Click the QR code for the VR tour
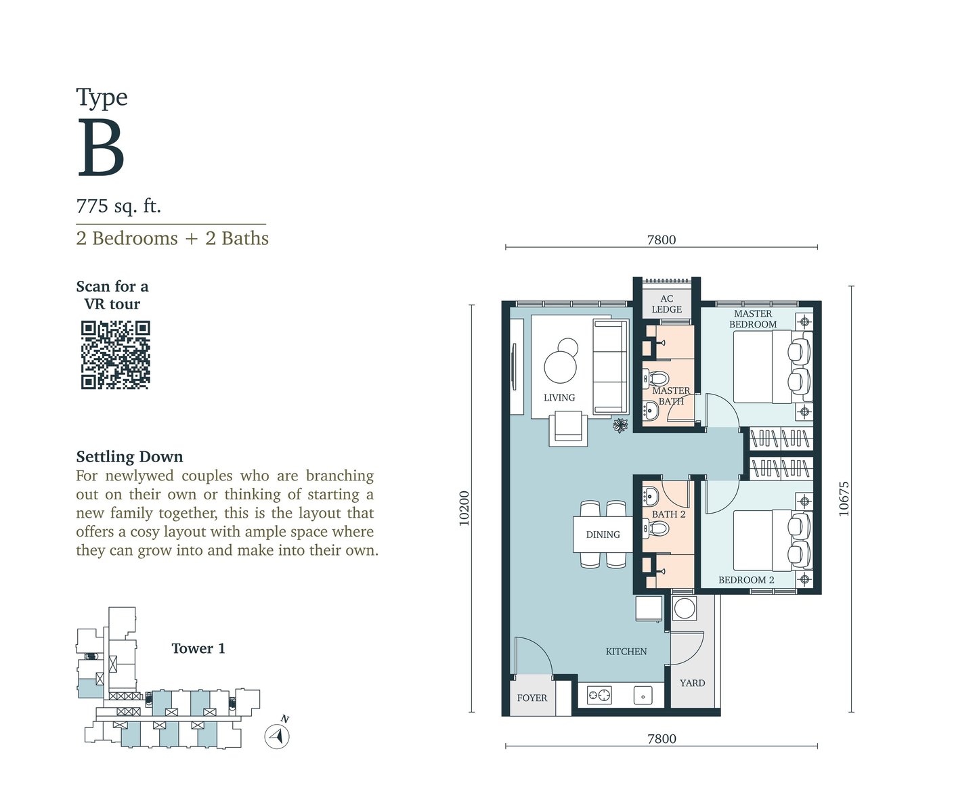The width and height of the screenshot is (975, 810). click(x=115, y=355)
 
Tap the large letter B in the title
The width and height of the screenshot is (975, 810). click(x=102, y=148)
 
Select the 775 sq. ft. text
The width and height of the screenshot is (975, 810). click(x=118, y=206)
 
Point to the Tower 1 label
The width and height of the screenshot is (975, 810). click(x=198, y=648)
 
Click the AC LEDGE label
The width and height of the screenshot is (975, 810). click(x=666, y=304)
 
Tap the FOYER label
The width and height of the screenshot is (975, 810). click(x=532, y=698)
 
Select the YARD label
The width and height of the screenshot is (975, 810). click(x=692, y=683)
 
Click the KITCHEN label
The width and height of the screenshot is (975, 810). click(x=626, y=652)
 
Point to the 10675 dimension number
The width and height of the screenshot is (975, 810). click(x=844, y=499)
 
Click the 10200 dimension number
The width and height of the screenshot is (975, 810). click(x=464, y=508)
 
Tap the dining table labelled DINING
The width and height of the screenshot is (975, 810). click(x=603, y=535)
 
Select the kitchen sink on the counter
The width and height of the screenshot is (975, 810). click(x=643, y=696)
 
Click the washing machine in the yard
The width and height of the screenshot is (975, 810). click(x=684, y=608)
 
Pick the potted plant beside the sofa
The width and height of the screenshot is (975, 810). click(x=620, y=426)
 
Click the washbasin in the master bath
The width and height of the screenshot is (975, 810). click(x=650, y=410)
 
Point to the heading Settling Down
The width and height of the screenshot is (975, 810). click(x=130, y=456)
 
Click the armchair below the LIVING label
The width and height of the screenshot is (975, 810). click(x=568, y=428)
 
